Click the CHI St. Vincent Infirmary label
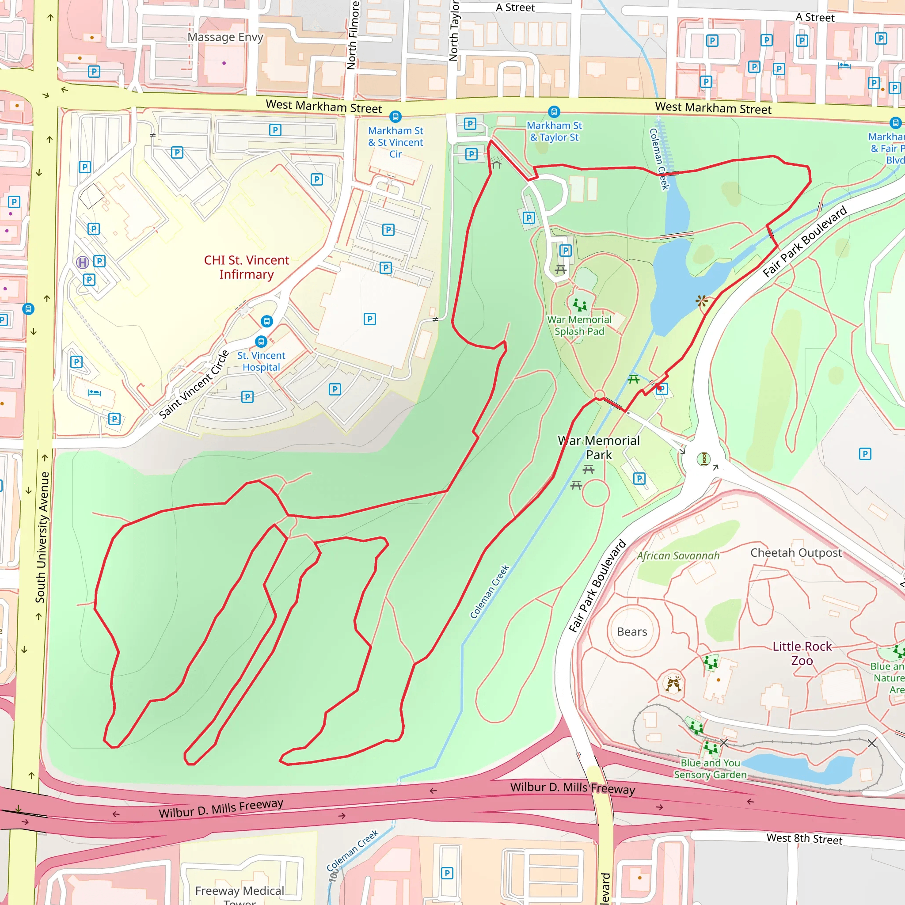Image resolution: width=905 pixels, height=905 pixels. coord(247,267)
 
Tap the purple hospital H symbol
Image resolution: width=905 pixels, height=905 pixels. coord(83,262)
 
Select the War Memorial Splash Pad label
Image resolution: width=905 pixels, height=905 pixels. coord(579,325)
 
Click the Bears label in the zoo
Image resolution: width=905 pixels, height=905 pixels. coord(632,632)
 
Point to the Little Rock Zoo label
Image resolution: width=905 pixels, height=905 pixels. coord(802,654)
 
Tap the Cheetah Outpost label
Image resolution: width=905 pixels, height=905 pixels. coord(796,553)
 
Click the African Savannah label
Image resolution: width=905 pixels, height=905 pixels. coord(678,555)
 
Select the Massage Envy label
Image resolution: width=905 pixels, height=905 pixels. coord(225,37)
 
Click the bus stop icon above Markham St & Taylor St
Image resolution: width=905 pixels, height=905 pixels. coord(554,112)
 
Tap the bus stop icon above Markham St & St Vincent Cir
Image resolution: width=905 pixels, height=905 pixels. coord(395,116)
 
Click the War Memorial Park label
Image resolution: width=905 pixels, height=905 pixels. coord(599,447)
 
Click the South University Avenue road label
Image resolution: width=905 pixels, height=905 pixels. coord(42,537)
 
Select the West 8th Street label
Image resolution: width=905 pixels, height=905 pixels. coord(804,838)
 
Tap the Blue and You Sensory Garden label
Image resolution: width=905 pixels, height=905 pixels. coord(710,769)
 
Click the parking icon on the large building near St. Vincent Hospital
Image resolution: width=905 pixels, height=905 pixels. coord(369,319)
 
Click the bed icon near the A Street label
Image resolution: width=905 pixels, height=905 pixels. coord(844,65)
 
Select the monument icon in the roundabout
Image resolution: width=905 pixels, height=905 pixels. coord(703,459)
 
